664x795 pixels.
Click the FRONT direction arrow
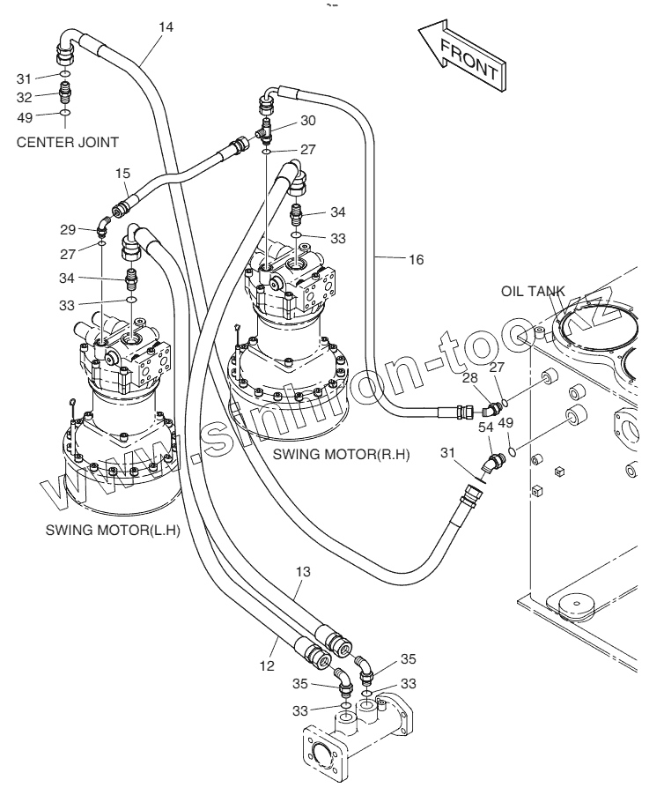462,56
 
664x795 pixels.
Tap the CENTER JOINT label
67,143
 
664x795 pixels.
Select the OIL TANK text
533,291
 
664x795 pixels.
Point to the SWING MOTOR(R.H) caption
342,454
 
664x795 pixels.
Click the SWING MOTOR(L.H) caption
113,531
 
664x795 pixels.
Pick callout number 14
166,26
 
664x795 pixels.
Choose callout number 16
416,260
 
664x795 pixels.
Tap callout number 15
122,174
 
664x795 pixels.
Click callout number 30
308,121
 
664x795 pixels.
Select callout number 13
303,572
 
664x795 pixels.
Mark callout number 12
267,666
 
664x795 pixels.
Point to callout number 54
486,427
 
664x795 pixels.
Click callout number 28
470,378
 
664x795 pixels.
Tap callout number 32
24,97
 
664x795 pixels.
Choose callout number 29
68,230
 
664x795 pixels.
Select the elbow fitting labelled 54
493,464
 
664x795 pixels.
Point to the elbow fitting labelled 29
104,227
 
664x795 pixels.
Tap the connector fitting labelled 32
64,93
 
